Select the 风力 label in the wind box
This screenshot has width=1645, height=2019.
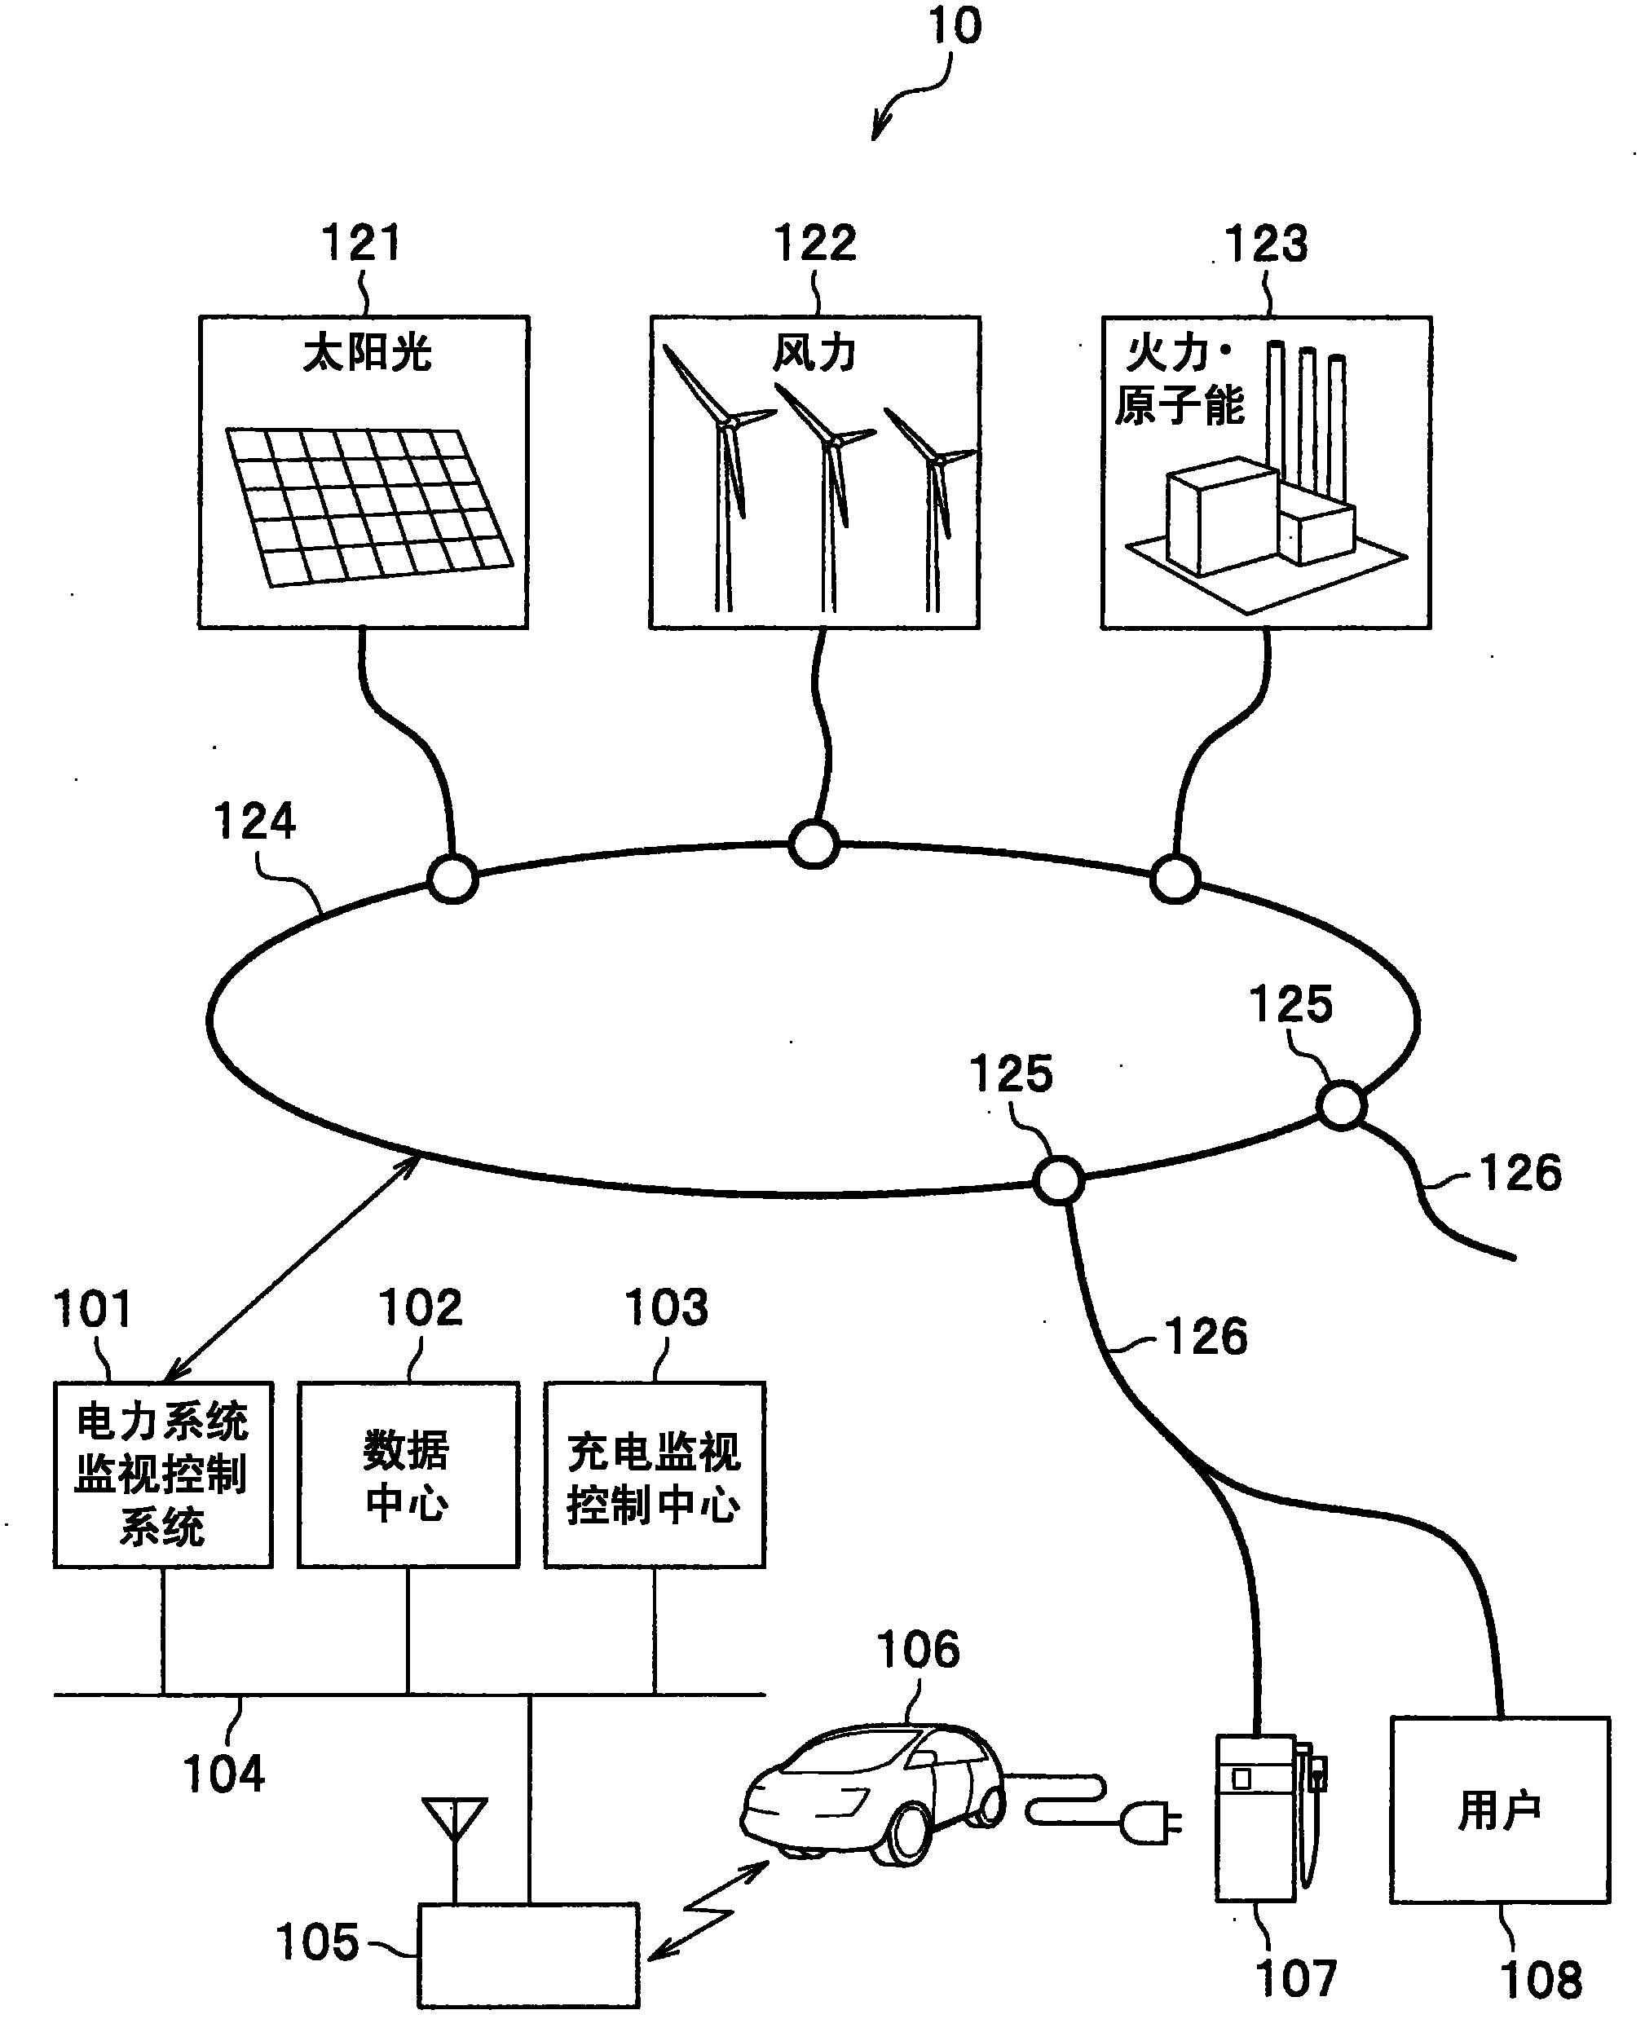coord(815,354)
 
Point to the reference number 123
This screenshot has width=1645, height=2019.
coord(1266,244)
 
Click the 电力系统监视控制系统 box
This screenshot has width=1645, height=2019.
coord(163,1475)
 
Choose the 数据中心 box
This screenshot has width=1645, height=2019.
coord(408,1475)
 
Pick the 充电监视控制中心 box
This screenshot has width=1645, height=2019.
coord(655,1475)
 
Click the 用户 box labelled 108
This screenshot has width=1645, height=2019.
coord(1500,1810)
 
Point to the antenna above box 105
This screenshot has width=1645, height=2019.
coord(455,1848)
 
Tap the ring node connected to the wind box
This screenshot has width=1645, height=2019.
coord(814,844)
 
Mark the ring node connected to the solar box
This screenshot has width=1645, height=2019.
coord(452,879)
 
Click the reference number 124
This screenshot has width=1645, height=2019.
coord(254,821)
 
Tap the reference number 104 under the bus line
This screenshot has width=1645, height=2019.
coord(223,1774)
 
